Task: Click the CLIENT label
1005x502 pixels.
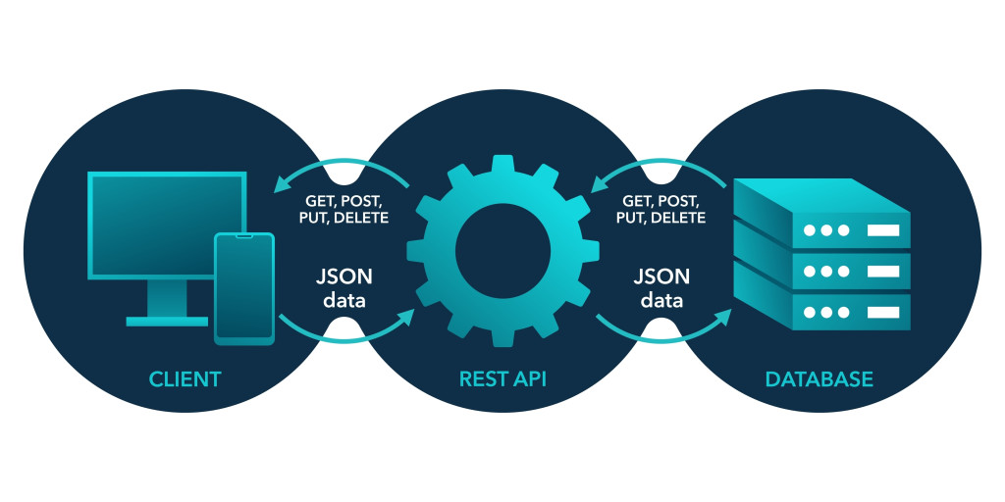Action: click(185, 378)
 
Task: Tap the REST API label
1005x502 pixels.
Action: click(502, 378)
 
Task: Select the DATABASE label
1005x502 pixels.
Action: click(820, 378)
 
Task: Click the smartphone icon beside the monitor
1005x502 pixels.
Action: click(243, 288)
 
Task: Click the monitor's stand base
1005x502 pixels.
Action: click(167, 320)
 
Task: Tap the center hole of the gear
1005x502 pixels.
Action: click(502, 250)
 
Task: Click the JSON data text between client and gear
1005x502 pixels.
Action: click(344, 287)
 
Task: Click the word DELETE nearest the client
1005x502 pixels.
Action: click(361, 218)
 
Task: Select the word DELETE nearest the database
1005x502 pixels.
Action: click(679, 218)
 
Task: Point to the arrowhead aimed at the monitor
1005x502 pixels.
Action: click(284, 182)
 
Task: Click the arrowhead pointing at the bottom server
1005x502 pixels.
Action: click(723, 317)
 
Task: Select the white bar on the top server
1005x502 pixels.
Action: click(882, 231)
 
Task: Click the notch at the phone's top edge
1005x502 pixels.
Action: click(243, 236)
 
